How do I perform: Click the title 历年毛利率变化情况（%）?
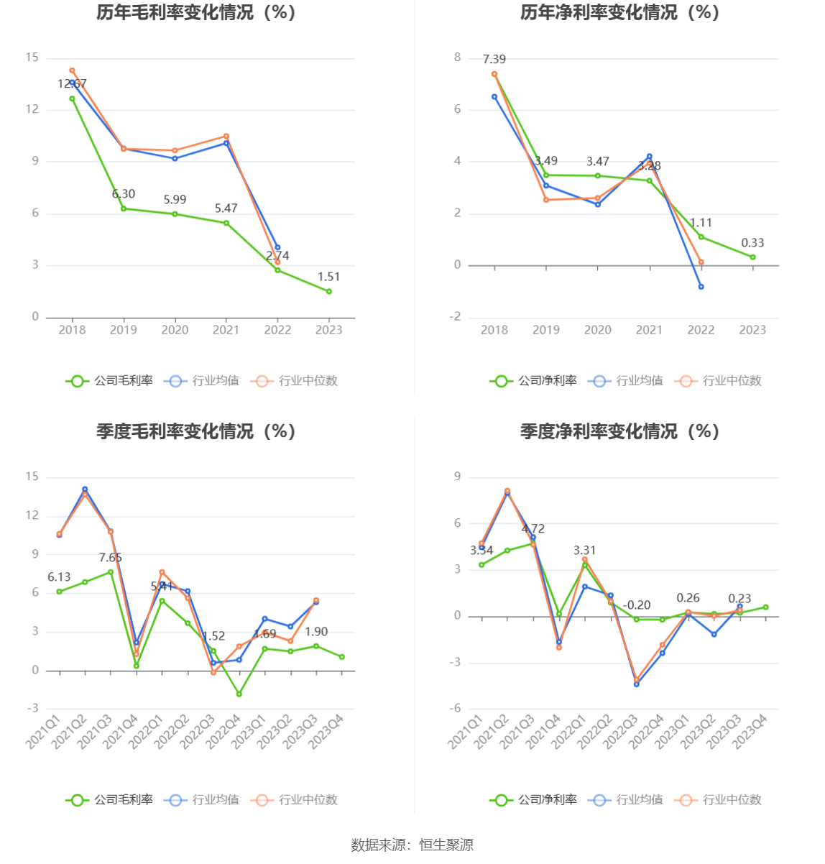pyautogui.click(x=196, y=12)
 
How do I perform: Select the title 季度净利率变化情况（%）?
pyautogui.click(x=619, y=431)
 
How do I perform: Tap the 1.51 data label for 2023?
pyautogui.click(x=328, y=277)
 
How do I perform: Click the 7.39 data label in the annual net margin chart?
pyautogui.click(x=494, y=59)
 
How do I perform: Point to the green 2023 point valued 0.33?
pyautogui.click(x=752, y=257)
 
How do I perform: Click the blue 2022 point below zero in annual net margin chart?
pyautogui.click(x=701, y=287)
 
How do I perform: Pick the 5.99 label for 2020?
pyautogui.click(x=175, y=200)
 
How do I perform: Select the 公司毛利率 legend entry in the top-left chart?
pyautogui.click(x=110, y=381)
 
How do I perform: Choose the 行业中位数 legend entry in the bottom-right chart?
pyautogui.click(x=719, y=800)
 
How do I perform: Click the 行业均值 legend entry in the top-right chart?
pyautogui.click(x=626, y=381)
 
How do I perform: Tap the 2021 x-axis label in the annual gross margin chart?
pyautogui.click(x=226, y=330)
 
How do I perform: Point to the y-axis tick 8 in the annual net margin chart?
pyautogui.click(x=457, y=58)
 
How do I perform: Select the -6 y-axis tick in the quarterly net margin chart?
pyautogui.click(x=455, y=709)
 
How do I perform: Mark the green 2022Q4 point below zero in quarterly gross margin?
pyautogui.click(x=239, y=694)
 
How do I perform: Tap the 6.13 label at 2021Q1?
pyautogui.click(x=59, y=577)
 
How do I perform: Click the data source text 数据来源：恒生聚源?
pyautogui.click(x=412, y=845)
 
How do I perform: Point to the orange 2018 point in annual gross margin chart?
pyautogui.click(x=72, y=70)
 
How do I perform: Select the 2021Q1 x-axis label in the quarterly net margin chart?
pyautogui.click(x=465, y=732)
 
